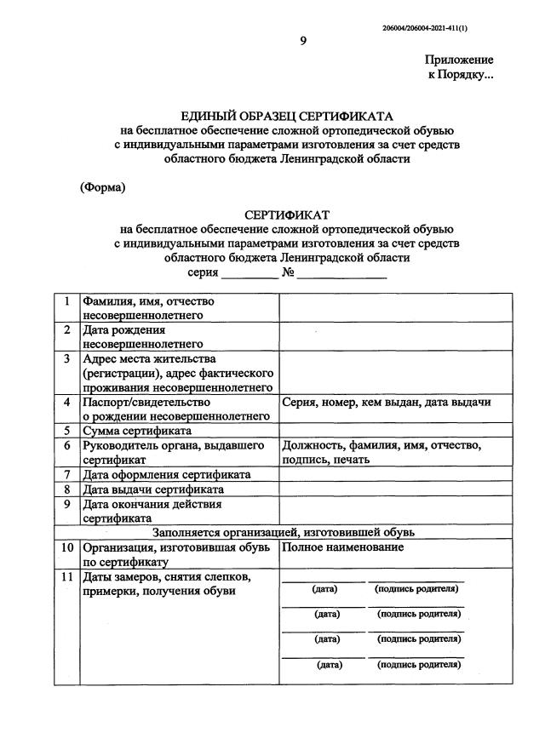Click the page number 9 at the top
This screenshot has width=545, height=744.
[302, 40]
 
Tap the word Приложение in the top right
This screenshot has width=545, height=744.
[459, 60]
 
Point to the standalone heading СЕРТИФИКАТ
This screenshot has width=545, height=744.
[286, 215]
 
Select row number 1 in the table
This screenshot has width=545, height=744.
[66, 301]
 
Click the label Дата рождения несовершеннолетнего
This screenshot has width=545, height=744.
[143, 336]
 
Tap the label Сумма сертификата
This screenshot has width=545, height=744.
[136, 431]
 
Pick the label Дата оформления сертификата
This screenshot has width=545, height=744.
[166, 474]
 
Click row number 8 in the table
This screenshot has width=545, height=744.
[66, 489]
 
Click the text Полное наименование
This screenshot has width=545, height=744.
[343, 547]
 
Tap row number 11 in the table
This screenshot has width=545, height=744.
[66, 578]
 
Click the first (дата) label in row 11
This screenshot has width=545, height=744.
[324, 589]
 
